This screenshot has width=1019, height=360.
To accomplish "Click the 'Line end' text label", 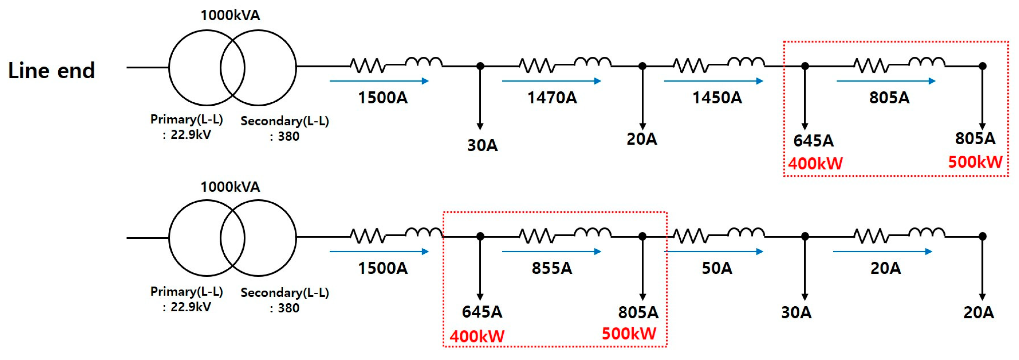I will pyautogui.click(x=51, y=70).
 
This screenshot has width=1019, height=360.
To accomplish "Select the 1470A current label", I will pyautogui.click(x=552, y=98).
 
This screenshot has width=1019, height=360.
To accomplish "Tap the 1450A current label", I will pyautogui.click(x=717, y=98).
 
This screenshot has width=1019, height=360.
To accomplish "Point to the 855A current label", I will pyautogui.click(x=552, y=268).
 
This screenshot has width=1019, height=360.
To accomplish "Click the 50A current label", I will pyautogui.click(x=717, y=268).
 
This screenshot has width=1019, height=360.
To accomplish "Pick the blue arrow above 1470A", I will pyautogui.click(x=552, y=81).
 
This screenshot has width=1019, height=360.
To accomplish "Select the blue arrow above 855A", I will pyautogui.click(x=552, y=252).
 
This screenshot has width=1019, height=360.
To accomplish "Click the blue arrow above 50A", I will pyautogui.click(x=714, y=252).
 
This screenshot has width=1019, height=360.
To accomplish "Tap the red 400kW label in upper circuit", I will pyautogui.click(x=815, y=163).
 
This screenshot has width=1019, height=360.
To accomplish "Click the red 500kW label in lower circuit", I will pyautogui.click(x=629, y=333).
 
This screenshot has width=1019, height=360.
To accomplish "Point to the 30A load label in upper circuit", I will pyautogui.click(x=482, y=145).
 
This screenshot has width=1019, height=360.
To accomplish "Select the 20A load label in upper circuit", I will pyautogui.click(x=642, y=139).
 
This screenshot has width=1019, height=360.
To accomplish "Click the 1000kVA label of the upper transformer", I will pyautogui.click(x=230, y=15).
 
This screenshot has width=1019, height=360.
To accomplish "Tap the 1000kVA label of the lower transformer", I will pyautogui.click(x=230, y=187).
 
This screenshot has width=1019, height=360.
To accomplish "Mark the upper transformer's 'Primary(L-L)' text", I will pyautogui.click(x=187, y=119).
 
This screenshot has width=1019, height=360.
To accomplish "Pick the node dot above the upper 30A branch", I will pyautogui.click(x=480, y=66).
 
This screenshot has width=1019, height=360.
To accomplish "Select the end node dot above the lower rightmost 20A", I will pyautogui.click(x=982, y=237).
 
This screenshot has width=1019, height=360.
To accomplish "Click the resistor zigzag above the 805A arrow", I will pyautogui.click(x=871, y=65).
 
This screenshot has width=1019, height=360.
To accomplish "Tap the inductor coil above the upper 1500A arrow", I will pyautogui.click(x=423, y=62).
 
